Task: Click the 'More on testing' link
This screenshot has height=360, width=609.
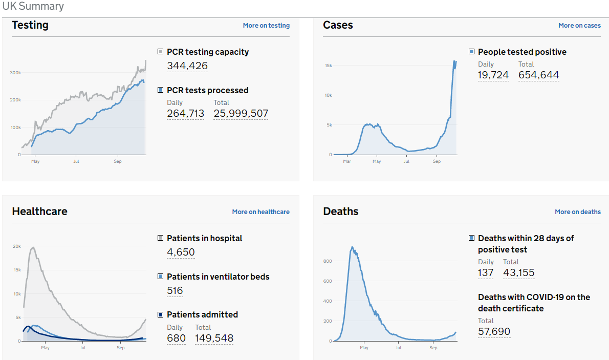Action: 266,26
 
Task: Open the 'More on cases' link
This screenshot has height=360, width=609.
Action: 579,26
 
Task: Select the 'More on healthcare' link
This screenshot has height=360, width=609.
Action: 260,212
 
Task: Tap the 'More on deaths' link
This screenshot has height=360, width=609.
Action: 578,212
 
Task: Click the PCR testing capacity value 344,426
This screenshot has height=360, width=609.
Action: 187,66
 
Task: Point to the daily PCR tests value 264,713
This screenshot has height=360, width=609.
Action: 185,114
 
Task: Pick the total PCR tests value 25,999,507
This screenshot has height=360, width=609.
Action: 241,114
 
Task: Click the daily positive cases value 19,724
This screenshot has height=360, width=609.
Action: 493,76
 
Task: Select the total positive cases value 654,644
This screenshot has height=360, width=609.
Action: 538,76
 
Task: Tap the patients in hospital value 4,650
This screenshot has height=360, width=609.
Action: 181,252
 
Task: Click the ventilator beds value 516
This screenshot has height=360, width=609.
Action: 175,291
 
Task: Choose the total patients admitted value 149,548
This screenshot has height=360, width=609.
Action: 214,338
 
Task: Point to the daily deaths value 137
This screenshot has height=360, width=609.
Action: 486,273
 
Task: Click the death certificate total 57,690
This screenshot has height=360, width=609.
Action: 494,332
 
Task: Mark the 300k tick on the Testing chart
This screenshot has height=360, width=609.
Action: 15,73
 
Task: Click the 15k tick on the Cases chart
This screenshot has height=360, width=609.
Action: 328,66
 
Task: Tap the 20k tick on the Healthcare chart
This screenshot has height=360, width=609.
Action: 17,246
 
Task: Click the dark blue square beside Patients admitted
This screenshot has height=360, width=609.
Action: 161,315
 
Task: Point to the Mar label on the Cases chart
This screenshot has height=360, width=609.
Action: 347,162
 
